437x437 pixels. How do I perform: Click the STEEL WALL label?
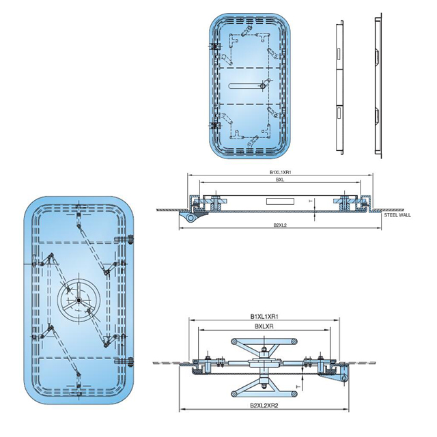tap(397, 214)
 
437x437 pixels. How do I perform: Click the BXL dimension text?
tap(280, 180)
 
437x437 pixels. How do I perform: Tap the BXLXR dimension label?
tap(265, 327)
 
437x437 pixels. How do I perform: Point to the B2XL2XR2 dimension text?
tap(264, 405)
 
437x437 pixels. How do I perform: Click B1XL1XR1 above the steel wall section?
tap(280, 172)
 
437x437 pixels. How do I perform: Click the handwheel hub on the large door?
tap(80, 301)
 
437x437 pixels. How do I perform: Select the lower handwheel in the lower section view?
tap(262, 386)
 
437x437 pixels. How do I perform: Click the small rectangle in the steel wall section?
tap(280, 201)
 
